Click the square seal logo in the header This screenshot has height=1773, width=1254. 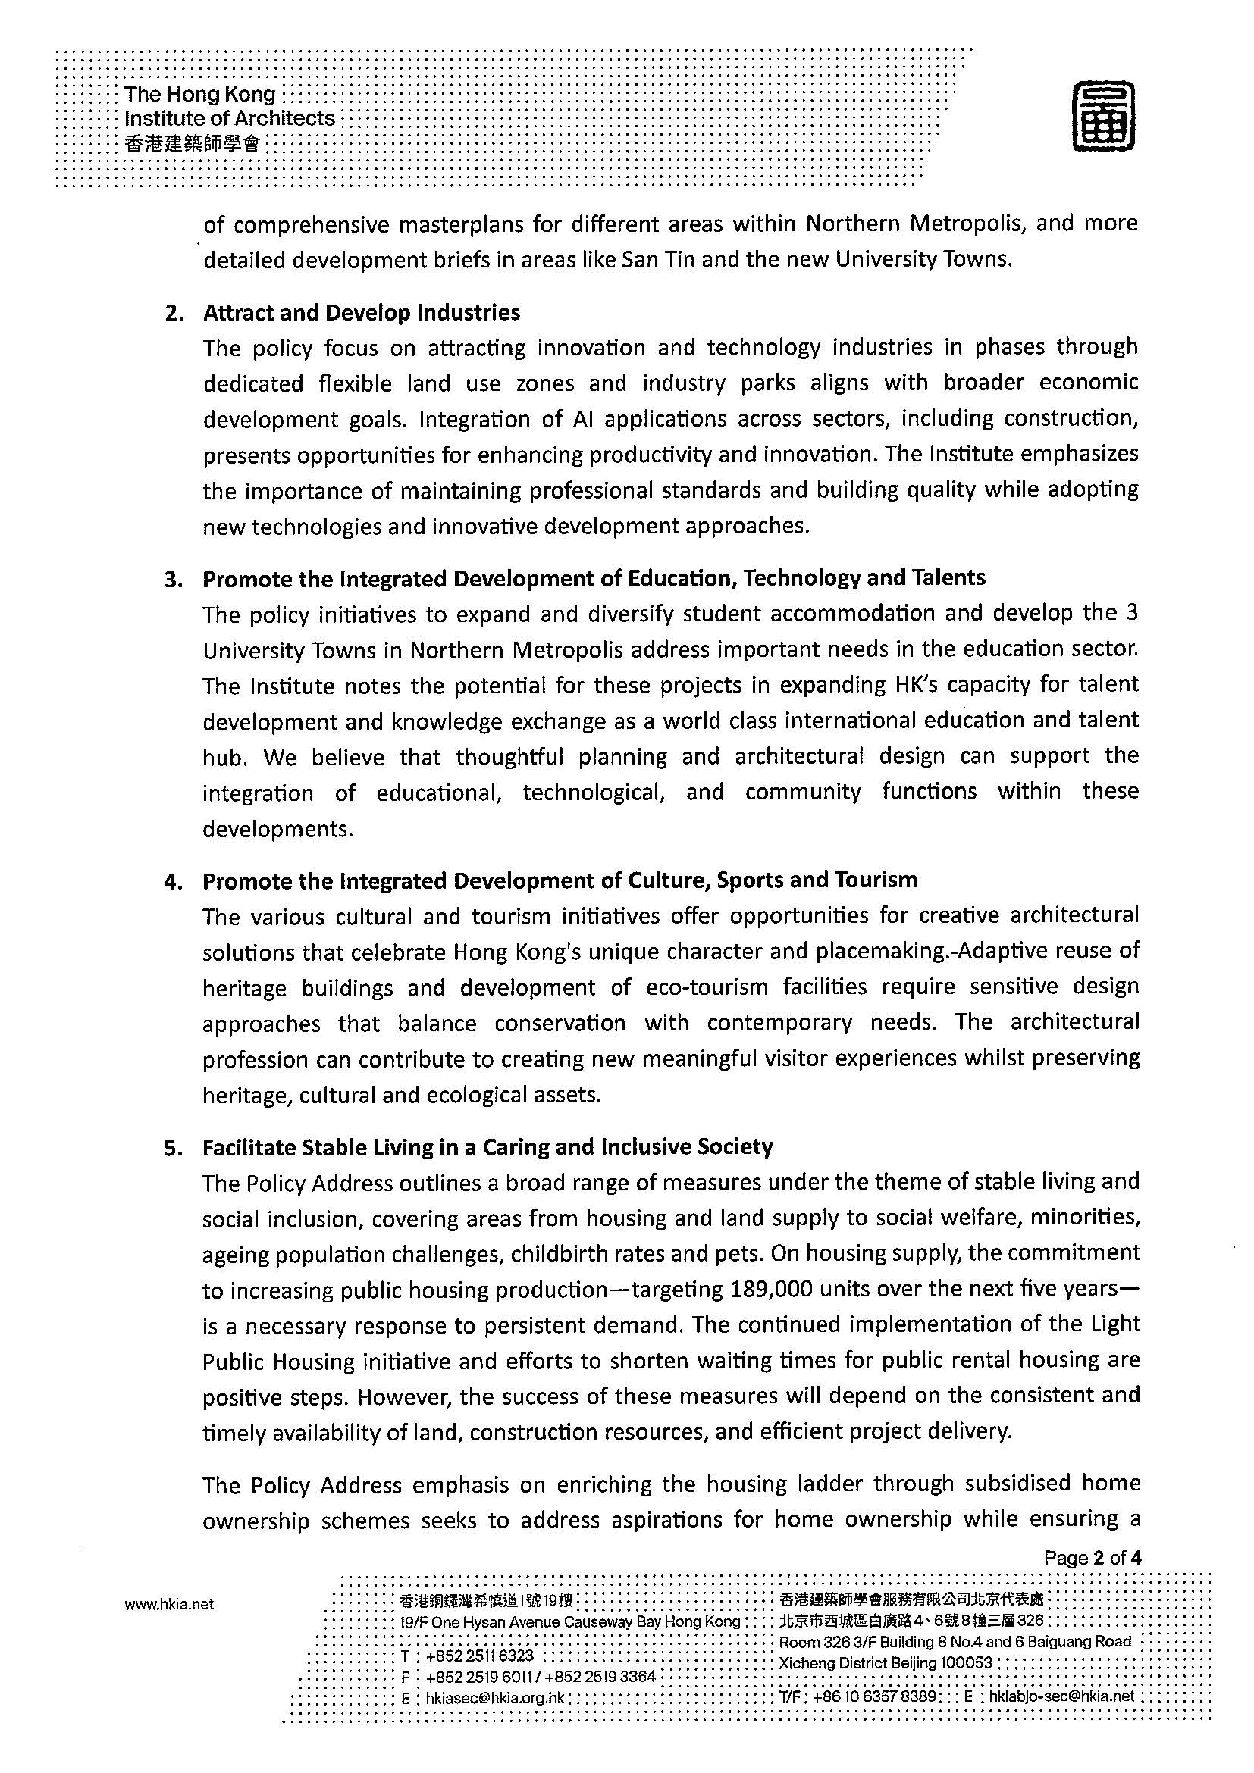coord(1103,117)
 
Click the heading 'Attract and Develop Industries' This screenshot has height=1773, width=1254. coord(361,313)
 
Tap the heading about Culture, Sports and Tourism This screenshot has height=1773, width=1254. coord(560,880)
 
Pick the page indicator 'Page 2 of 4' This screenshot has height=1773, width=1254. coord(1092,1558)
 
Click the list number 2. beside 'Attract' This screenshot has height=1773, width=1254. coord(173,314)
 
